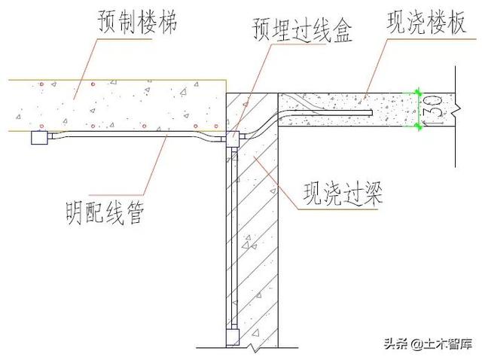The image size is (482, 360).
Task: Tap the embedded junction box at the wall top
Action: [x=233, y=139]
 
